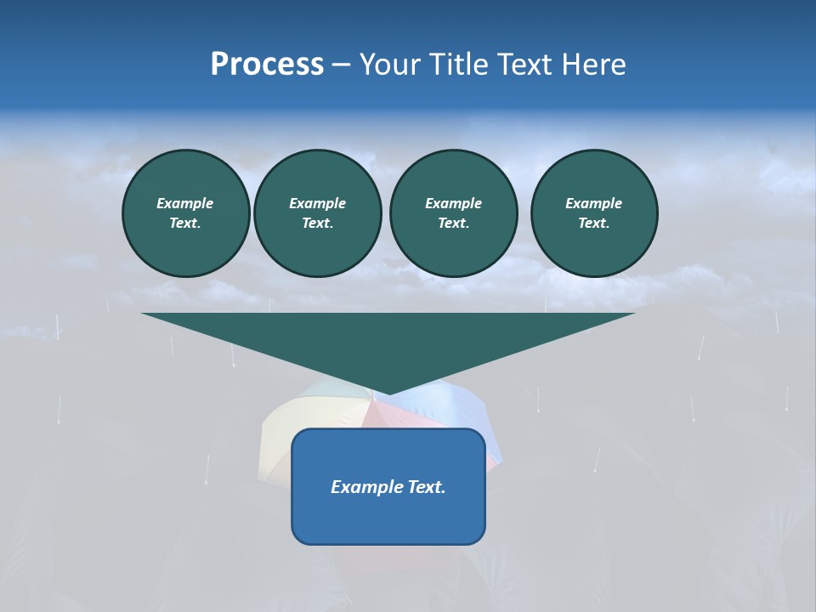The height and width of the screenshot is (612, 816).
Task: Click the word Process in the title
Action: point(267,65)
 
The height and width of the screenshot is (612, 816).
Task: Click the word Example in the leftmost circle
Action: point(185,203)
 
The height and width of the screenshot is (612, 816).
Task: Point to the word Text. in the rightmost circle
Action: point(594,224)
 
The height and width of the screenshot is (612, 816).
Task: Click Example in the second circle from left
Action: point(318,203)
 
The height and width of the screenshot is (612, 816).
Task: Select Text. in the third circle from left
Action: point(453,224)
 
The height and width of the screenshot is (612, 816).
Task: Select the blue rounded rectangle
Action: point(388,518)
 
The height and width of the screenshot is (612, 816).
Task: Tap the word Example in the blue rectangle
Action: point(366,487)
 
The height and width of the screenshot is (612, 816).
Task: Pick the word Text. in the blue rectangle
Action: point(426,487)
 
